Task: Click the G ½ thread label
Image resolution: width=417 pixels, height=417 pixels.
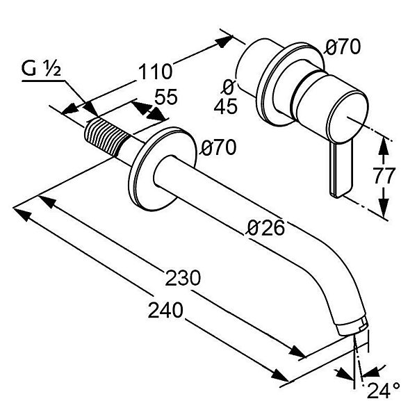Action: [x=41, y=69]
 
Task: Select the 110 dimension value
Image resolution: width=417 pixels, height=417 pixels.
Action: [x=156, y=72]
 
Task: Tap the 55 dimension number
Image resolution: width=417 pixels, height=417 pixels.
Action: [x=166, y=97]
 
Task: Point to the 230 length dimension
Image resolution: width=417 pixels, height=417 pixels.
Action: [x=183, y=278]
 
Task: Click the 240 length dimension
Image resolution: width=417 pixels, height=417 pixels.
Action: [x=165, y=310]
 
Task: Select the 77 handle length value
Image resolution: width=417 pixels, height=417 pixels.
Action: [x=384, y=176]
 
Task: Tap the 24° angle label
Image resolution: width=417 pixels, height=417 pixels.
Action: [x=384, y=391]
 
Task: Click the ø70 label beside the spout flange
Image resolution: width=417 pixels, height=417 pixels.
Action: [x=219, y=147]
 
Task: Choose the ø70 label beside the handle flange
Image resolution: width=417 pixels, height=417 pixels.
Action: [x=343, y=47]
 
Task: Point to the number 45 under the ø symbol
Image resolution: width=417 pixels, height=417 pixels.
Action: [x=225, y=106]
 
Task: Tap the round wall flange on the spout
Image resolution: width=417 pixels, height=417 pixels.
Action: [x=162, y=169]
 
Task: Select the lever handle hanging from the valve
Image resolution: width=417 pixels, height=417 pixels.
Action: [x=341, y=170]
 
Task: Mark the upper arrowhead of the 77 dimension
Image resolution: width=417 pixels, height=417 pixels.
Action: [x=383, y=146]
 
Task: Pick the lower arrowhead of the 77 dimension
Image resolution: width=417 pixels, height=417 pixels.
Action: [x=383, y=207]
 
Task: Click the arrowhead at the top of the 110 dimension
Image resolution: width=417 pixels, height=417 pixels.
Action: [x=223, y=42]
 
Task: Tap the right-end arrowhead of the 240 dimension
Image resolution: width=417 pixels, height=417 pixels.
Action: [x=280, y=375]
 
